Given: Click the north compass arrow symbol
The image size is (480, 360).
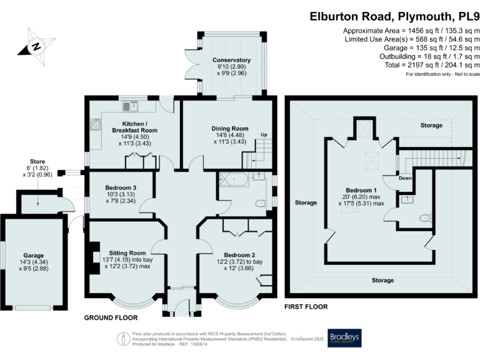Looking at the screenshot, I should coord(36,46).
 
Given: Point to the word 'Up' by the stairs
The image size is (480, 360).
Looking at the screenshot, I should coord(264,135).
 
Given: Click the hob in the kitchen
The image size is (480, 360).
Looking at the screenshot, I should coord(96,124).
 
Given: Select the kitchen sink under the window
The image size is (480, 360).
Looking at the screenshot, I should coord(133,104).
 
